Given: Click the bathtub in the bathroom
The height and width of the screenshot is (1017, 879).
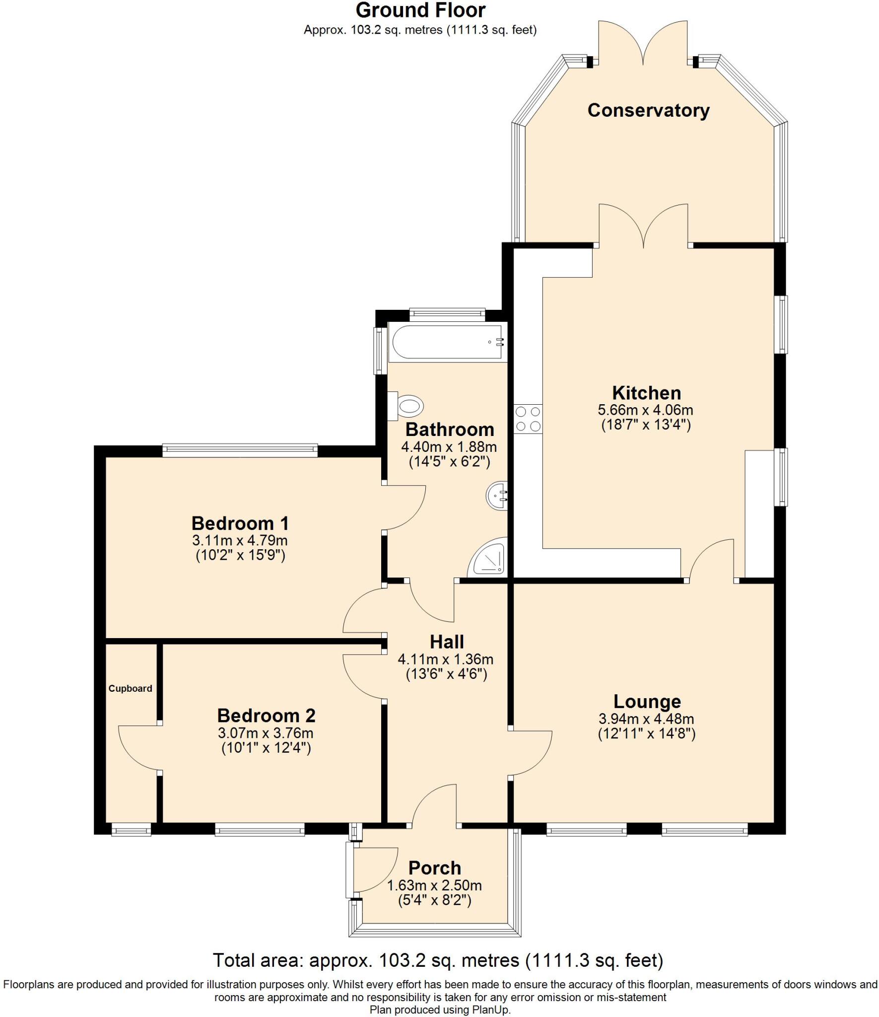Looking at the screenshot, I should coord(447,342).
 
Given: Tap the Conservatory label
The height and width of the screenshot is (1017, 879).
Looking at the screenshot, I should coord(648,110).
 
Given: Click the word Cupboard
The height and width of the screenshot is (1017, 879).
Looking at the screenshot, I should coord(130,688).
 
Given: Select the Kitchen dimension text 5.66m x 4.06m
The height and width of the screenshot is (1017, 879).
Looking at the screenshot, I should coord(645,410).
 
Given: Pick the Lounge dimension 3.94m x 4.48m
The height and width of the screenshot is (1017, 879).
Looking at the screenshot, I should coord(646,719).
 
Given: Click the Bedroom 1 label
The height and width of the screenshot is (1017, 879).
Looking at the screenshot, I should coord(240,523).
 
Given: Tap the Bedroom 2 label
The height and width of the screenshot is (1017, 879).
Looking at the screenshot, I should coord(266,716).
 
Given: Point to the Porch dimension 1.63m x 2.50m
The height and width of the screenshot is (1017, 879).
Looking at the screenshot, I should coord(434,885).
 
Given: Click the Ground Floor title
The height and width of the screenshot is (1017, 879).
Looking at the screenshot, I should coord(420,10).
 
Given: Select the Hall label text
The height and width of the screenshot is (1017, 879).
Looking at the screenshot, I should coord(447,642).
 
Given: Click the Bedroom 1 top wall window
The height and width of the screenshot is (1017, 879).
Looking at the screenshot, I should coord(240,450).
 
